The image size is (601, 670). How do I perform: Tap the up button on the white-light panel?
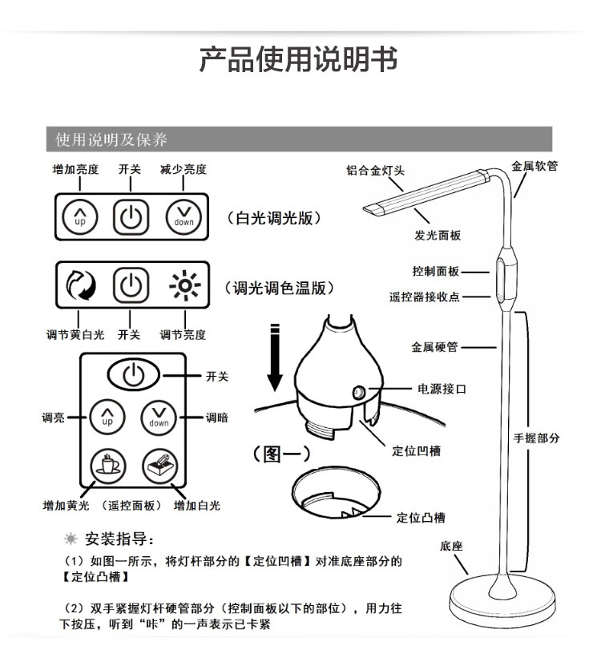pos(79,216)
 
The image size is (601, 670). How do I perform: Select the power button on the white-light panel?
pos(131,216)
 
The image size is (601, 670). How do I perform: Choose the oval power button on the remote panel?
pos(134,373)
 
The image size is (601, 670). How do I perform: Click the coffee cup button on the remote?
pos(107,464)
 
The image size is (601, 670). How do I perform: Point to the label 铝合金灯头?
pos(375,171)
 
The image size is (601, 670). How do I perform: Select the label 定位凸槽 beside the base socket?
pos(421,517)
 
